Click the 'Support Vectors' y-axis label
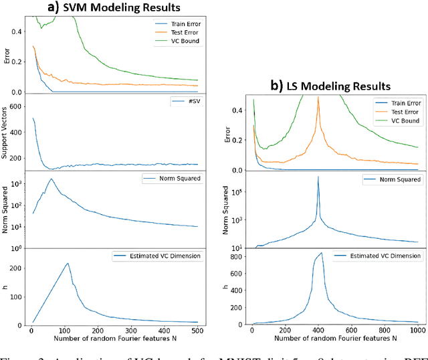point(5,132)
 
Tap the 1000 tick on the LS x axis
point(417,331)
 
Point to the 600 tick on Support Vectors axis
point(17,107)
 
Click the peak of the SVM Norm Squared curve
point(51,179)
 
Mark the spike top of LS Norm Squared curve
point(318,177)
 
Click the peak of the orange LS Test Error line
point(318,98)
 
